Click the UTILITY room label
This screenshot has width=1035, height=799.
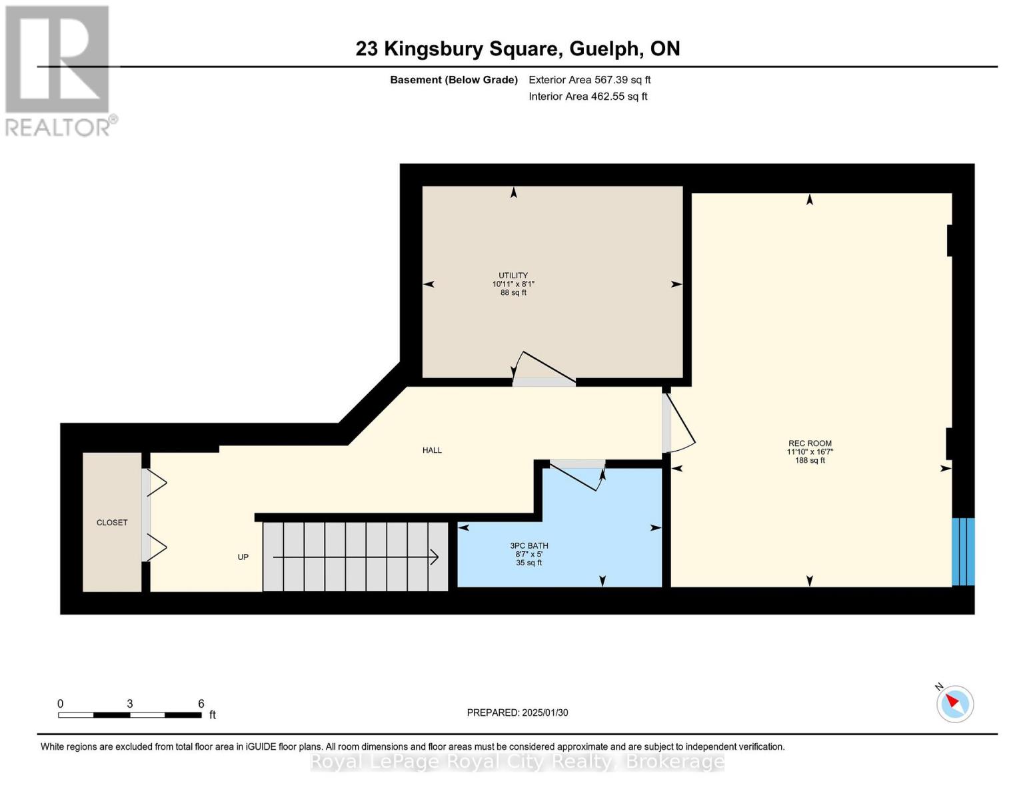[x=513, y=276]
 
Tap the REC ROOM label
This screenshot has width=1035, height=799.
[x=810, y=443]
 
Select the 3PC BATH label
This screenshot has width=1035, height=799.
[x=528, y=546]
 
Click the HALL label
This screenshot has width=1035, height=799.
[x=432, y=450]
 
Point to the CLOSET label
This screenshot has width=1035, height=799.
[x=112, y=523]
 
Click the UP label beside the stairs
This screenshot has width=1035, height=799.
[x=243, y=557]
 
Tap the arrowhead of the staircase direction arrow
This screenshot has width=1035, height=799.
[x=434, y=557]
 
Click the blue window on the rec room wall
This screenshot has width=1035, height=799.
[x=963, y=552]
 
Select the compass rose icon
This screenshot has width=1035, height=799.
[x=954, y=704]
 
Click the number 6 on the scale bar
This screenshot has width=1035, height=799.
[x=201, y=704]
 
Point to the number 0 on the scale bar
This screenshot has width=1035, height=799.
[x=61, y=704]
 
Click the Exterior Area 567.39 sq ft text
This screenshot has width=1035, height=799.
[x=589, y=80]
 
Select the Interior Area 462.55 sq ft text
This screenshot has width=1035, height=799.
[x=588, y=97]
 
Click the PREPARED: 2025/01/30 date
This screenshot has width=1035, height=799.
[x=517, y=712]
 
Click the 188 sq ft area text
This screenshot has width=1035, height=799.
[x=810, y=461]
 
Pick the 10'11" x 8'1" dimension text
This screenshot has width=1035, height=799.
[x=513, y=284]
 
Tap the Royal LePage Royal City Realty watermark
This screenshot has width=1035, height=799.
[x=517, y=762]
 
